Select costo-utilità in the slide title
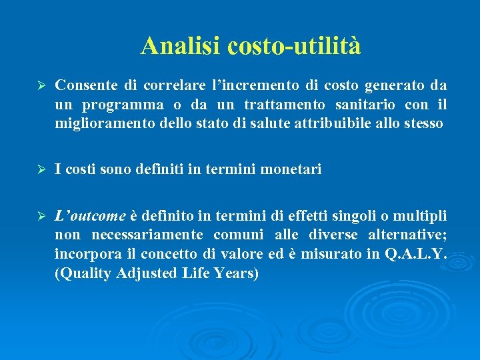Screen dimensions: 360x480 (294, 46)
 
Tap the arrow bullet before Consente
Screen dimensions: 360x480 (39, 86)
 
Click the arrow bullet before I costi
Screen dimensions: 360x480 (39, 170)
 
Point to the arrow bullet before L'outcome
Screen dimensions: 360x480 (39, 217)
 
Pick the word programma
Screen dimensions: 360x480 (123, 105)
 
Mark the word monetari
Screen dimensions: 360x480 (293, 170)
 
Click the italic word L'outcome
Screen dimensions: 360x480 (90, 217)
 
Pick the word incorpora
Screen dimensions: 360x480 (84, 254)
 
